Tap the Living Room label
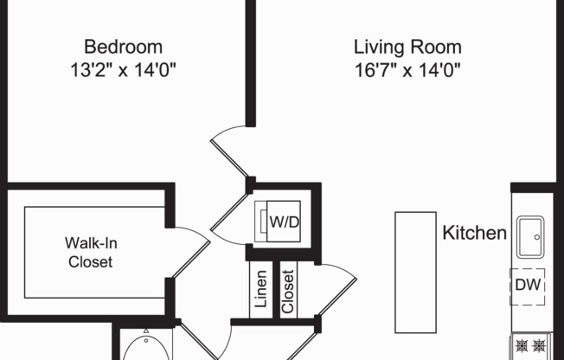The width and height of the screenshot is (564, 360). pyautogui.click(x=407, y=47)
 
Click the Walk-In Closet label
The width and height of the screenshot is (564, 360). pyautogui.click(x=90, y=252)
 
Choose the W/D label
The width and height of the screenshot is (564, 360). pyautogui.click(x=285, y=222)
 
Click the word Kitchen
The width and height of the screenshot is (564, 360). pyautogui.click(x=474, y=233)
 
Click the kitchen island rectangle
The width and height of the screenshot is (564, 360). pyautogui.click(x=415, y=272)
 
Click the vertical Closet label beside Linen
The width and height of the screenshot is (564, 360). pyautogui.click(x=288, y=291)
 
